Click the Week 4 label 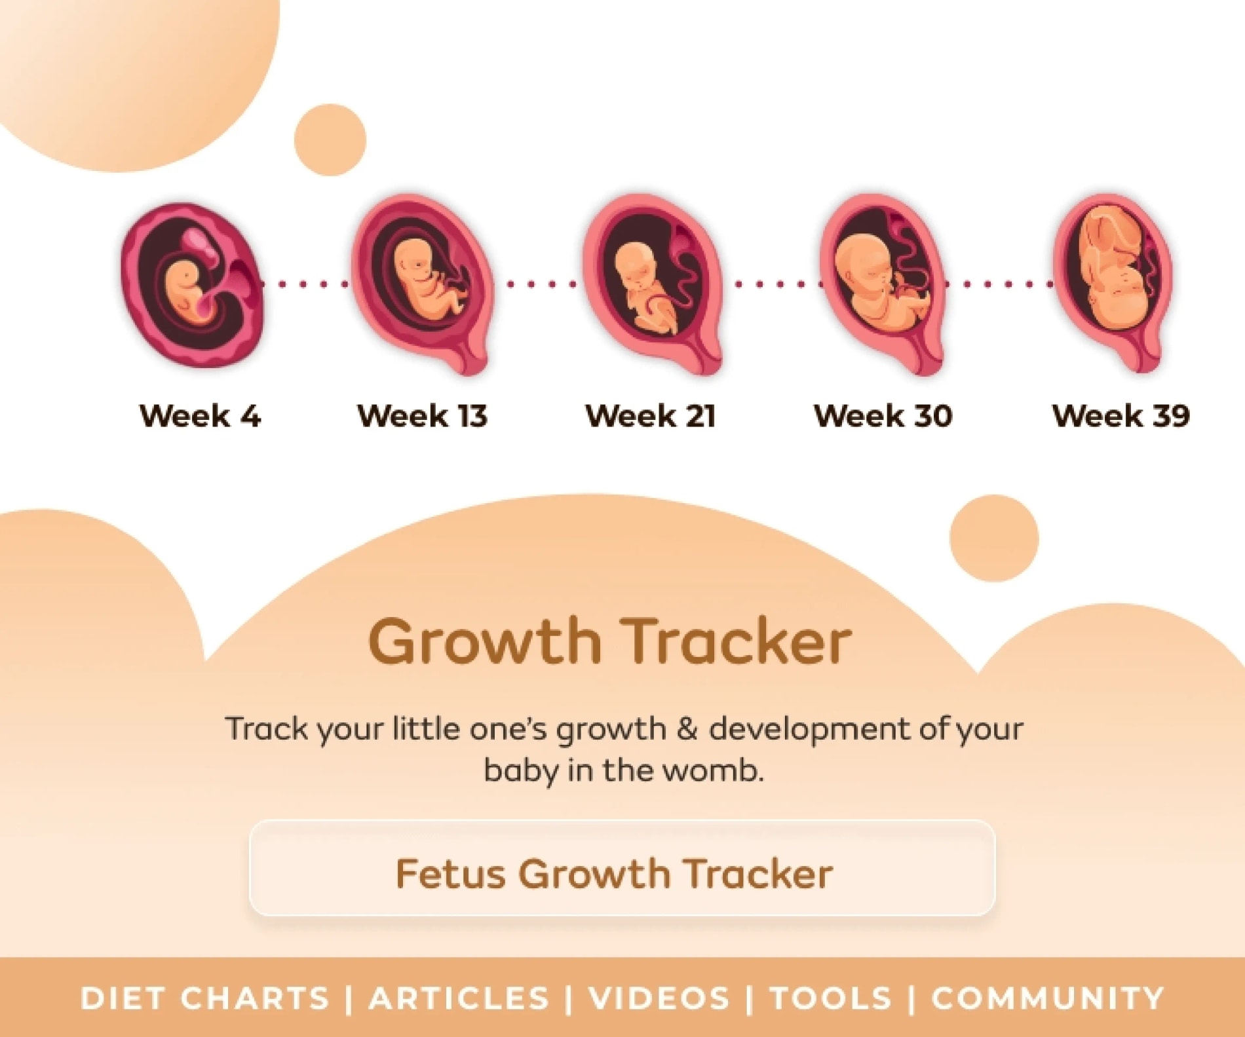(x=200, y=415)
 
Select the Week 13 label (x=422, y=415)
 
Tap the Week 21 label (x=650, y=415)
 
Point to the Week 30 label (x=883, y=415)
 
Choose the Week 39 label (x=1120, y=415)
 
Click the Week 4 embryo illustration (x=192, y=284)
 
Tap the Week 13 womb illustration (x=422, y=284)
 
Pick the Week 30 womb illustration (x=883, y=284)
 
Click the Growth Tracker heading (x=610, y=642)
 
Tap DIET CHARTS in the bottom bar (x=204, y=998)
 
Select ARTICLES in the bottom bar (x=459, y=998)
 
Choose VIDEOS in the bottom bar (x=659, y=998)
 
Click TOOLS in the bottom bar (x=831, y=998)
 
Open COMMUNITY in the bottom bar (x=1048, y=998)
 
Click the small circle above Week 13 (x=330, y=140)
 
